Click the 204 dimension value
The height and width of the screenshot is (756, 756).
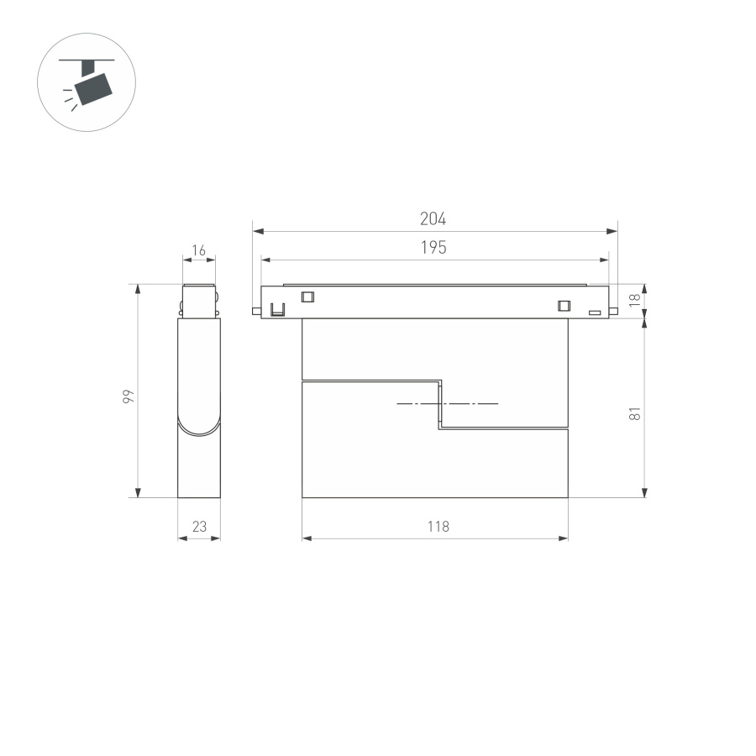pyautogui.click(x=433, y=219)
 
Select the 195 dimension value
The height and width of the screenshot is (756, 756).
pyautogui.click(x=433, y=248)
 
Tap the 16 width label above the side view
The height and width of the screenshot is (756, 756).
pyautogui.click(x=198, y=250)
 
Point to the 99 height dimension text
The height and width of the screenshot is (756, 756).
pyautogui.click(x=128, y=396)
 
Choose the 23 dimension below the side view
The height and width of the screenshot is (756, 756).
pyautogui.click(x=199, y=527)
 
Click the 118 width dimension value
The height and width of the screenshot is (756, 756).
pyautogui.click(x=438, y=527)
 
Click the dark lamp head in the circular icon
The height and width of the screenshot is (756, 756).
pyautogui.click(x=93, y=86)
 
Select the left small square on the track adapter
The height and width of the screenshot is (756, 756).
pyautogui.click(x=307, y=297)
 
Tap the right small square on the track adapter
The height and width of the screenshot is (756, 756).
pyautogui.click(x=564, y=305)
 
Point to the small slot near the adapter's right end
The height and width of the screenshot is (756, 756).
pyautogui.click(x=595, y=313)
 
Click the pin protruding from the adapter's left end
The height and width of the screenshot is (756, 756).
pyautogui.click(x=255, y=312)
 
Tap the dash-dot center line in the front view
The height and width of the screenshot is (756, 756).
pyautogui.click(x=447, y=404)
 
